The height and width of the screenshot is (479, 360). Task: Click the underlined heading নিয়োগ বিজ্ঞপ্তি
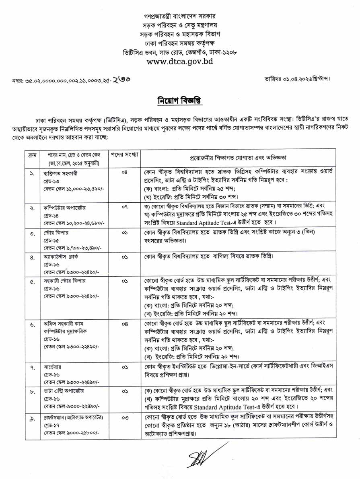point(179,100)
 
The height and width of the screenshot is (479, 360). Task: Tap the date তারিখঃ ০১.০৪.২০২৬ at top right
point(298,77)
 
